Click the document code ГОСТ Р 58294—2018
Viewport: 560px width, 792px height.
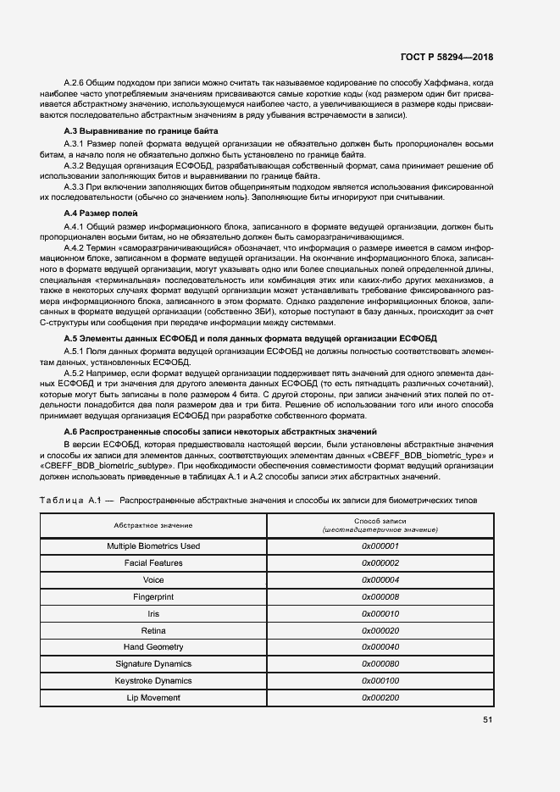click(x=446, y=58)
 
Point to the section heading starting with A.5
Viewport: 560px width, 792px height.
click(x=250, y=338)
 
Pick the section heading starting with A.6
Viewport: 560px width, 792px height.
click(x=220, y=431)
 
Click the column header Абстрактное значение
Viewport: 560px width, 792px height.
click(x=153, y=526)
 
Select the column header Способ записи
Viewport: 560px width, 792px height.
click(x=380, y=525)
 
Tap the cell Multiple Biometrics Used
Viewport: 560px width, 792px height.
click(x=153, y=546)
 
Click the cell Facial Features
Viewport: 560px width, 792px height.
click(x=153, y=563)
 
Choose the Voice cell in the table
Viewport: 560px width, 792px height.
click(x=153, y=580)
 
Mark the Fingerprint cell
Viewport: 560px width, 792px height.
click(x=153, y=597)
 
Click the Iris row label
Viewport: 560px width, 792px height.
click(x=153, y=614)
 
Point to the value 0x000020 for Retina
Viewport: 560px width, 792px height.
click(x=380, y=631)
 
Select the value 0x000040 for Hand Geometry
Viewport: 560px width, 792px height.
click(x=380, y=647)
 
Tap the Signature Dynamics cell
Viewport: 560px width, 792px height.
click(x=153, y=664)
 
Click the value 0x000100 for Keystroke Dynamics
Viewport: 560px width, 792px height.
click(x=380, y=681)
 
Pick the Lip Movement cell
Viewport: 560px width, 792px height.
click(x=153, y=697)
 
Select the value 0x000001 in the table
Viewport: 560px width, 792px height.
click(x=380, y=546)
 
